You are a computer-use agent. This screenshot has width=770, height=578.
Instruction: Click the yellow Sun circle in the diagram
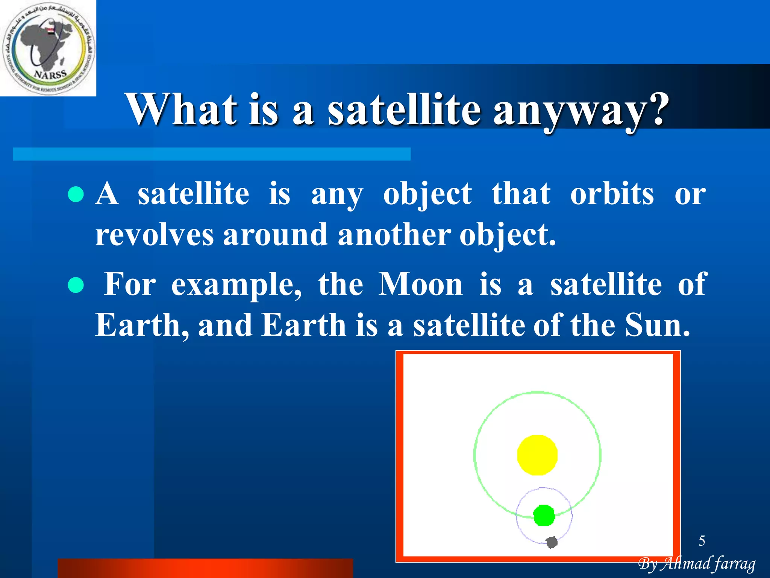coord(537,455)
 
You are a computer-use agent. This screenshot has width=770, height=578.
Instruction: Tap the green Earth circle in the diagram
coord(544,516)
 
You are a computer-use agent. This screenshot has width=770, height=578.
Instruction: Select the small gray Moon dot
coord(552,542)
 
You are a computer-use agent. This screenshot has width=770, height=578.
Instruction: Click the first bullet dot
coord(76,195)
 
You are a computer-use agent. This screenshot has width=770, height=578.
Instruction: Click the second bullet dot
coord(76,285)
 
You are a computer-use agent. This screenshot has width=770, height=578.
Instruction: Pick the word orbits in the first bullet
coord(612,194)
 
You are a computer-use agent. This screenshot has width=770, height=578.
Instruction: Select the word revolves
coord(154,234)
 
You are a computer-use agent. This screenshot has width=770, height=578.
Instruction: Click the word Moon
coord(420,284)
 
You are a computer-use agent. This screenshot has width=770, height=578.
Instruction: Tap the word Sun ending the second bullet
coord(657,325)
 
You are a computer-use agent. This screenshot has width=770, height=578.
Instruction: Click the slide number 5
coord(702,541)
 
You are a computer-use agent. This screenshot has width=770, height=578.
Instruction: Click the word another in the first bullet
coord(394,234)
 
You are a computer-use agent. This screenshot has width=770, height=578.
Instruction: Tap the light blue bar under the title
coord(211,154)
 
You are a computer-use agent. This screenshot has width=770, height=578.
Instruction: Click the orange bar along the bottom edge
coord(205,568)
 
